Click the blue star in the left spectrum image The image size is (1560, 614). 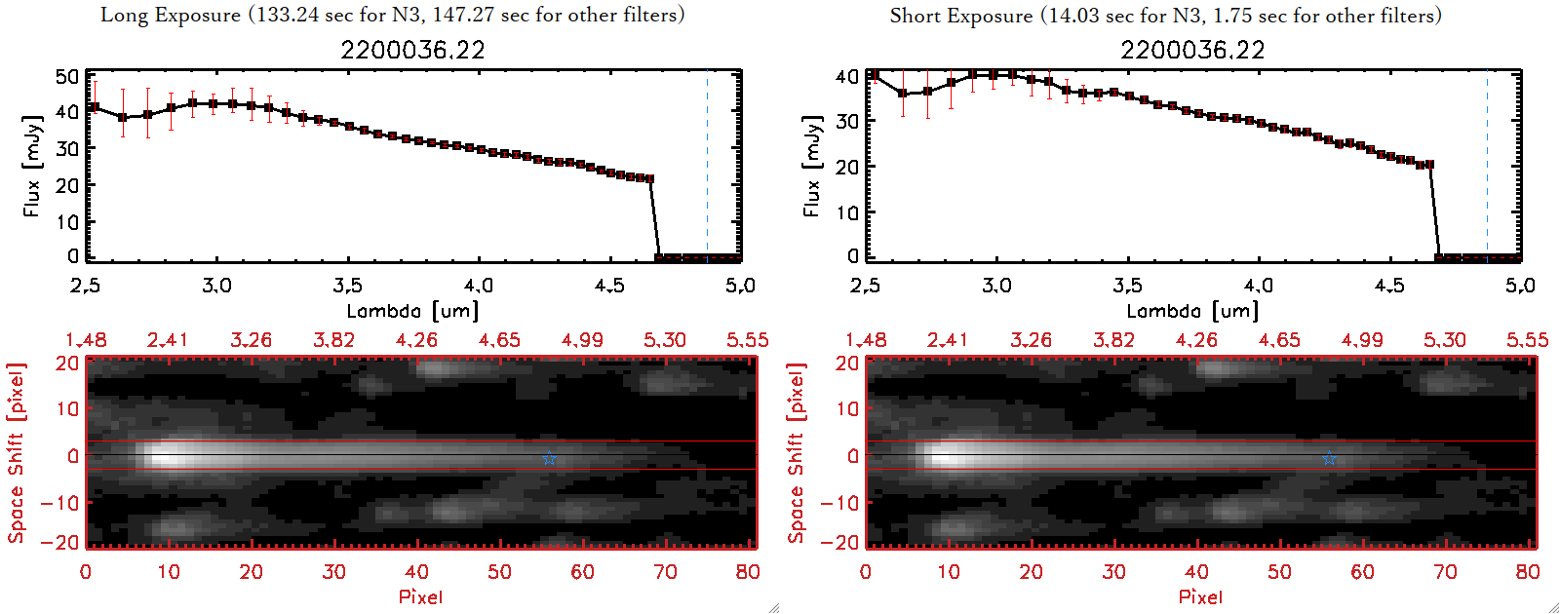click(549, 458)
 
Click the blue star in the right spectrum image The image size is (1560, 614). click(1329, 458)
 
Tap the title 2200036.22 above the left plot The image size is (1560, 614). click(412, 51)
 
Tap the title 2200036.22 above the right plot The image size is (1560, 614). click(1192, 51)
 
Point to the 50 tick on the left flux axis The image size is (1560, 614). click(67, 76)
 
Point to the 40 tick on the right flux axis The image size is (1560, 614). click(847, 76)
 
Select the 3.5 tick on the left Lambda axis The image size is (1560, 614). click(347, 286)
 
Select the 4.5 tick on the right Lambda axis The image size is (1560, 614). click(1389, 286)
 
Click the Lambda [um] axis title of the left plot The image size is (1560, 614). click(412, 311)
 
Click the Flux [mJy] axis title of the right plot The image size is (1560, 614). click(812, 166)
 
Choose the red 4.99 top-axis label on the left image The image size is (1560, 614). click(582, 340)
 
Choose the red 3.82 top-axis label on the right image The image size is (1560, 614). click(1113, 340)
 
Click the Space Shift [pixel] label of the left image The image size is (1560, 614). click(16, 453)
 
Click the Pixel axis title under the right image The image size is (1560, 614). click(1200, 596)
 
